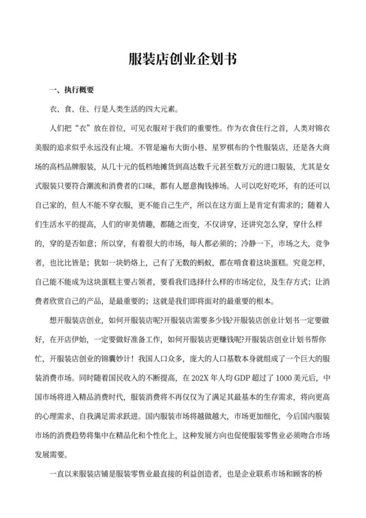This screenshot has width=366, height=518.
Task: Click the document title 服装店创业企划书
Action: [182, 59]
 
